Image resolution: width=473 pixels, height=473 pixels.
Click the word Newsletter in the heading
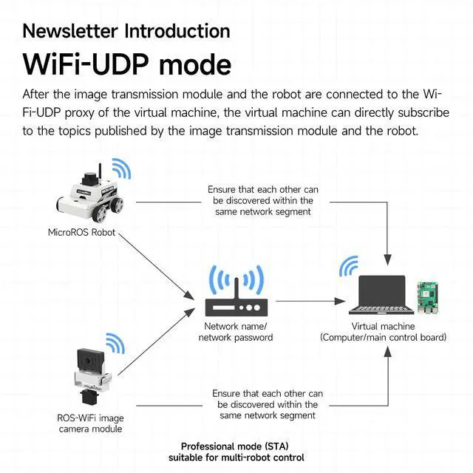click(70, 31)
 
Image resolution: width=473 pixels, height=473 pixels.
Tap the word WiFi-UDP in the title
click(86, 64)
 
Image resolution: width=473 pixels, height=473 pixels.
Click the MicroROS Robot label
click(81, 232)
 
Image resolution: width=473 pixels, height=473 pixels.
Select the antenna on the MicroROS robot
click(100, 171)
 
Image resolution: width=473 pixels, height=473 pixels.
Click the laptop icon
click(381, 295)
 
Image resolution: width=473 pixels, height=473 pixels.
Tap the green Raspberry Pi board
click(427, 298)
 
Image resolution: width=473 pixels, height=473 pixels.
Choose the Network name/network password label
click(236, 332)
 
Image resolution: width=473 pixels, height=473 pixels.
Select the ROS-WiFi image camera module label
click(90, 423)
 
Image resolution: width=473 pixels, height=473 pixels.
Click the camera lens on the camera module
click(88, 361)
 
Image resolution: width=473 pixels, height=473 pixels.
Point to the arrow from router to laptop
click(310, 301)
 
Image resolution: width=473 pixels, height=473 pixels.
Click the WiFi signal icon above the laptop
click(349, 266)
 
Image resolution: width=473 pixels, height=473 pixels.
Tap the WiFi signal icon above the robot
click(121, 169)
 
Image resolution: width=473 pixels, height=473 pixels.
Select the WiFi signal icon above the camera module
click(115, 344)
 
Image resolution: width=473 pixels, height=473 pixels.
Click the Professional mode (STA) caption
click(235, 446)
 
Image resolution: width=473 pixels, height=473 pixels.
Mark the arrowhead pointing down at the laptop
click(387, 260)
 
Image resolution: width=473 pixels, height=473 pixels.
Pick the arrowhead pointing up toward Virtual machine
click(388, 352)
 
